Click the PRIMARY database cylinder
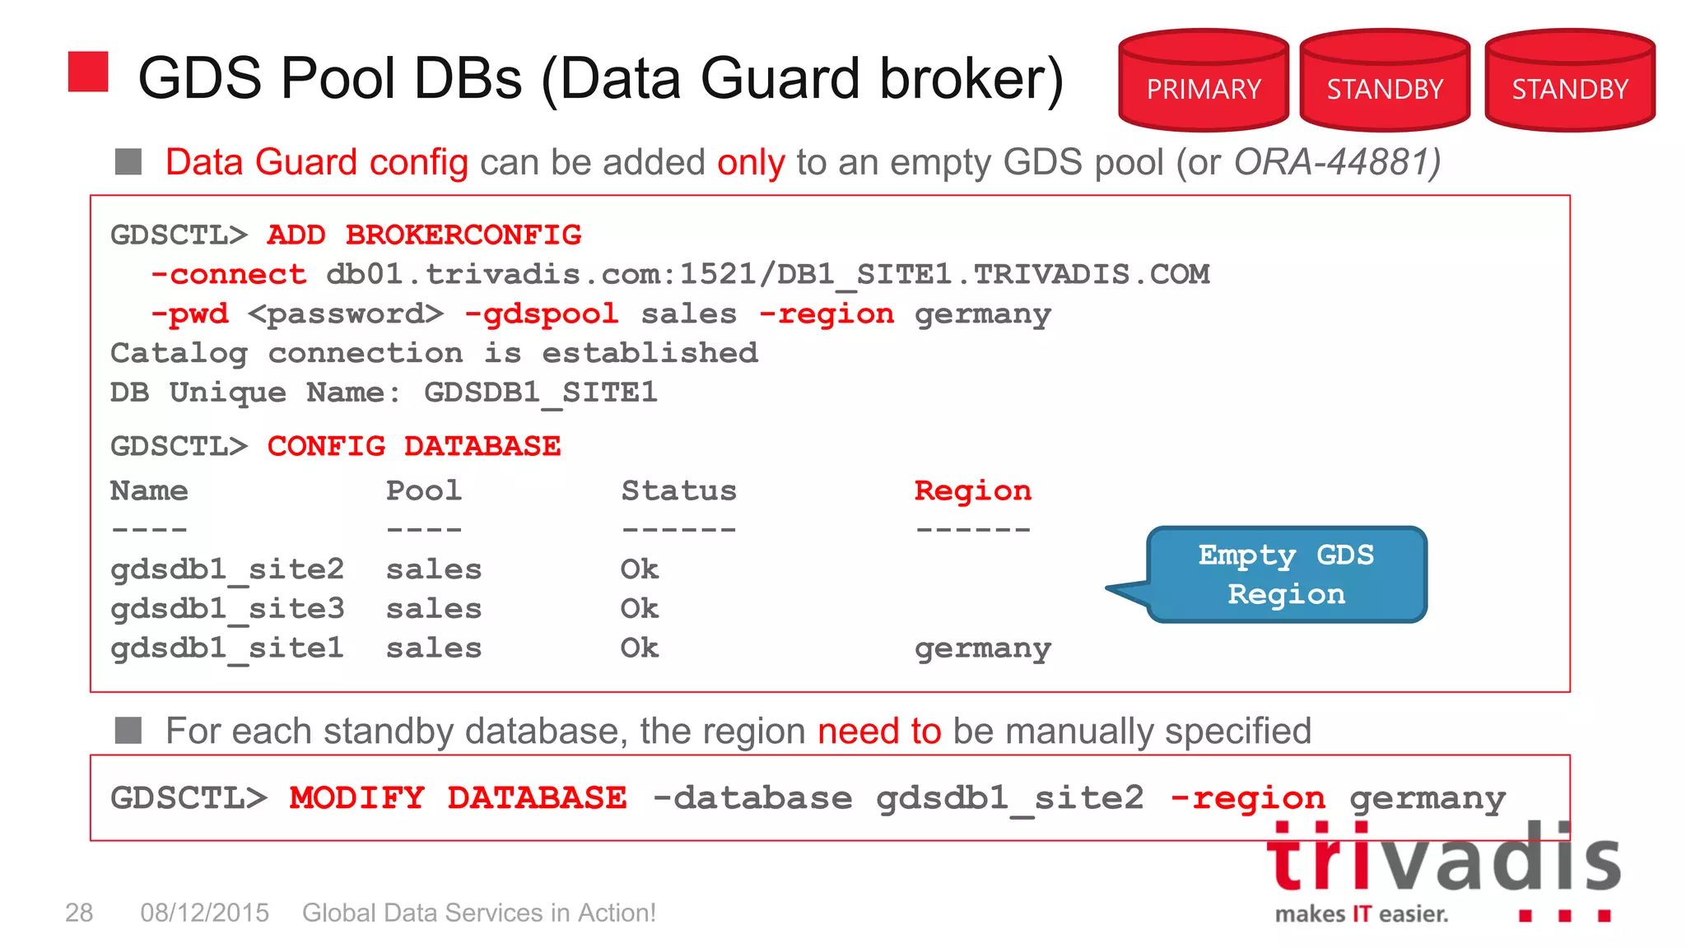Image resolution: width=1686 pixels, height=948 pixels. tap(1203, 82)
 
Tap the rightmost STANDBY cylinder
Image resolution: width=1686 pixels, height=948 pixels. tap(1569, 82)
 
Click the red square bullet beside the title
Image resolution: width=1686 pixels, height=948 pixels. tap(88, 72)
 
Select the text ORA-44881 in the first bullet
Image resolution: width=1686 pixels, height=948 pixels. tap(1334, 162)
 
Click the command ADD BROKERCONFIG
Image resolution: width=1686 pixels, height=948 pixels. tap(424, 235)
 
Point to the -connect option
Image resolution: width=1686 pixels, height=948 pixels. tap(229, 274)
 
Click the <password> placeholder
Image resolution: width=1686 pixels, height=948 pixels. tap(345, 314)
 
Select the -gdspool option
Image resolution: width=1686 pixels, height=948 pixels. tap(541, 314)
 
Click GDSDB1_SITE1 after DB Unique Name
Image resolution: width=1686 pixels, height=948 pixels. tap(541, 393)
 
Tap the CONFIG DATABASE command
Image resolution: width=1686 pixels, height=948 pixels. tap(413, 446)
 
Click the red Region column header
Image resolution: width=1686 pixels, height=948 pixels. tap(972, 490)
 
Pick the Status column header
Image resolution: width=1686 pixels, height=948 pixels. tap(678, 490)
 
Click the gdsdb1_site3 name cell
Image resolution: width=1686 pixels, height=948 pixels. tap(227, 609)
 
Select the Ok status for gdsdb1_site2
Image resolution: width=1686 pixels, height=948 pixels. tap(640, 569)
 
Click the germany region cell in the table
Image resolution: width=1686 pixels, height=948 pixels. tap(982, 648)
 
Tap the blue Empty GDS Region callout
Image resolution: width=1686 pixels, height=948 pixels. tap(1286, 574)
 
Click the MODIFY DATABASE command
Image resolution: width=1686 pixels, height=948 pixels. tap(458, 797)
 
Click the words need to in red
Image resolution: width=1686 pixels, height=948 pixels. tap(878, 731)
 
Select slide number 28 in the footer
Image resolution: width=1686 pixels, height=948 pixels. tap(79, 913)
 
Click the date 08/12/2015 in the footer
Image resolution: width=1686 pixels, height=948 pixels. tap(204, 913)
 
